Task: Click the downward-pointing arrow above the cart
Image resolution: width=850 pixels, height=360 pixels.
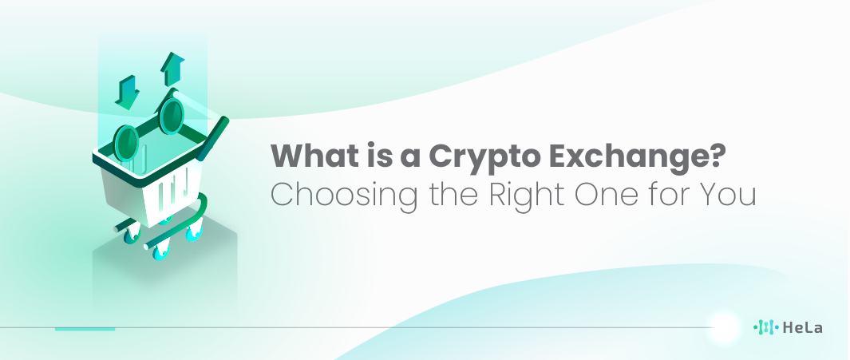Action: tap(128, 92)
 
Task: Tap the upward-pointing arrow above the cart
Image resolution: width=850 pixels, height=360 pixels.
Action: tap(172, 69)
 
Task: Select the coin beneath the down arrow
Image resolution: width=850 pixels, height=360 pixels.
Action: tap(126, 143)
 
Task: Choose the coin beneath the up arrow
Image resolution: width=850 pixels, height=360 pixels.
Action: tap(172, 116)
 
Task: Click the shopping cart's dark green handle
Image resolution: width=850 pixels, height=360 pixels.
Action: tap(213, 139)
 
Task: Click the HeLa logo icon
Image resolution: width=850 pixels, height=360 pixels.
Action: tap(766, 327)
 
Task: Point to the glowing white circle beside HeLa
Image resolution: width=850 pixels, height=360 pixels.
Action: tap(724, 327)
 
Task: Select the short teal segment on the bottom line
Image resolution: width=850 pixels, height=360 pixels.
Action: tap(85, 329)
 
